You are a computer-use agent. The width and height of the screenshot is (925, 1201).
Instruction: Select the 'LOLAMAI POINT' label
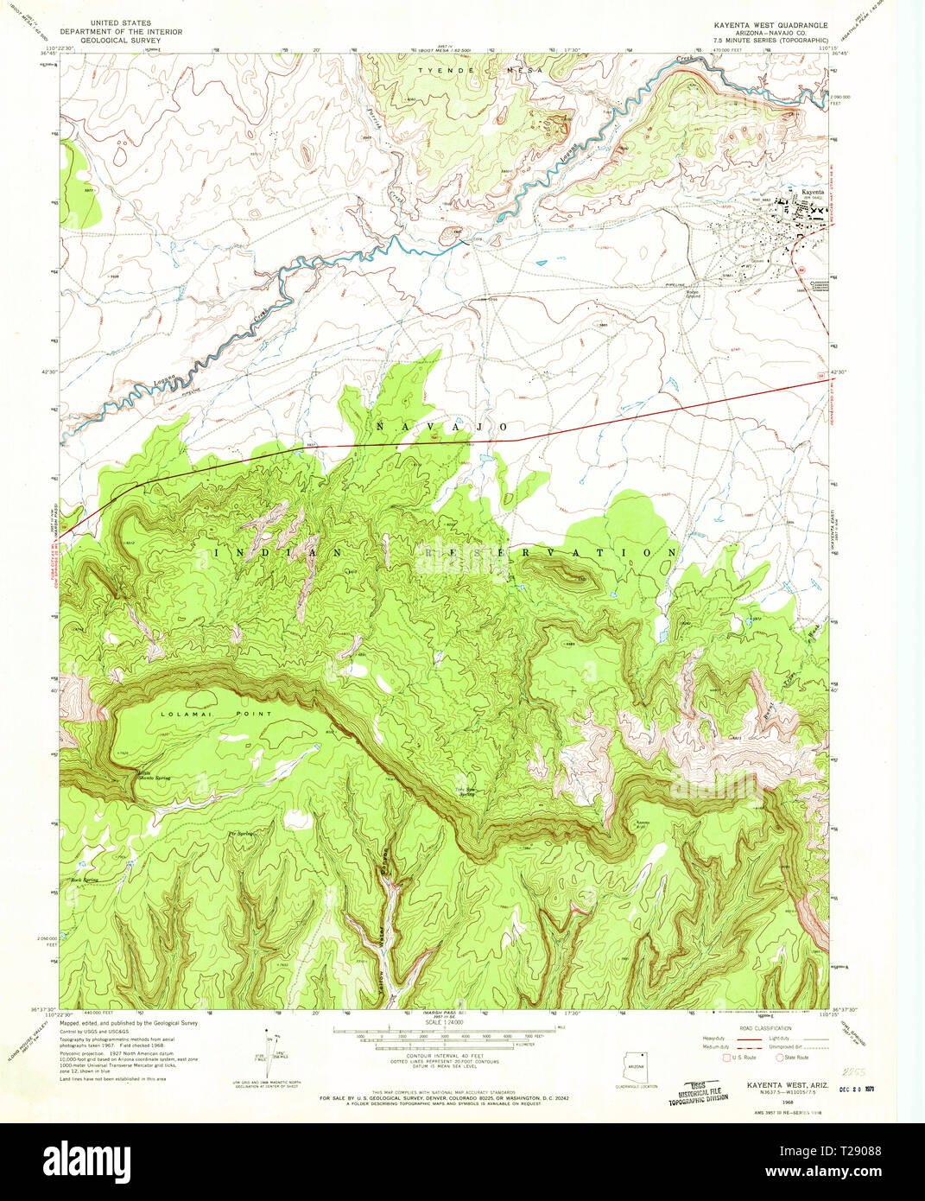pos(216,714)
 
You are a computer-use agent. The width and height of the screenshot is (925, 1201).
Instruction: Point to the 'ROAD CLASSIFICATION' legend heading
pos(766,1028)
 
